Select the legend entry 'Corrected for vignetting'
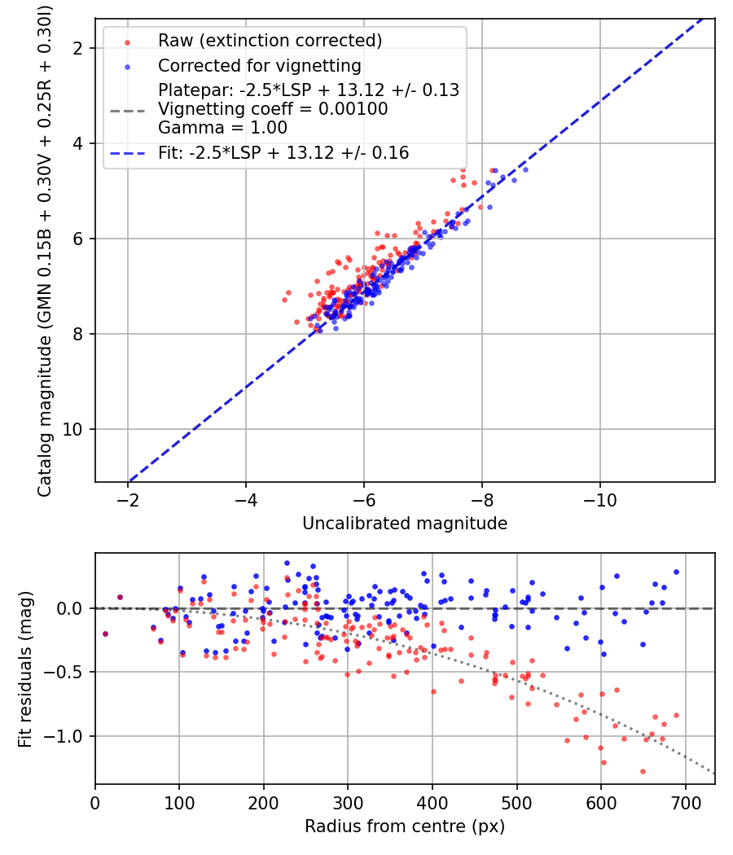[x=259, y=65]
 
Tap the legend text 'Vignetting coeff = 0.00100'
[x=273, y=109]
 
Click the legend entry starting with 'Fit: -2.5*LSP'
[x=283, y=152]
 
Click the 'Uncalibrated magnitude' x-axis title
[x=405, y=524]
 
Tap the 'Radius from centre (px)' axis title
[x=405, y=826]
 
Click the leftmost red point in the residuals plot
[x=105, y=634]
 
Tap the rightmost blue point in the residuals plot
[x=676, y=572]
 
